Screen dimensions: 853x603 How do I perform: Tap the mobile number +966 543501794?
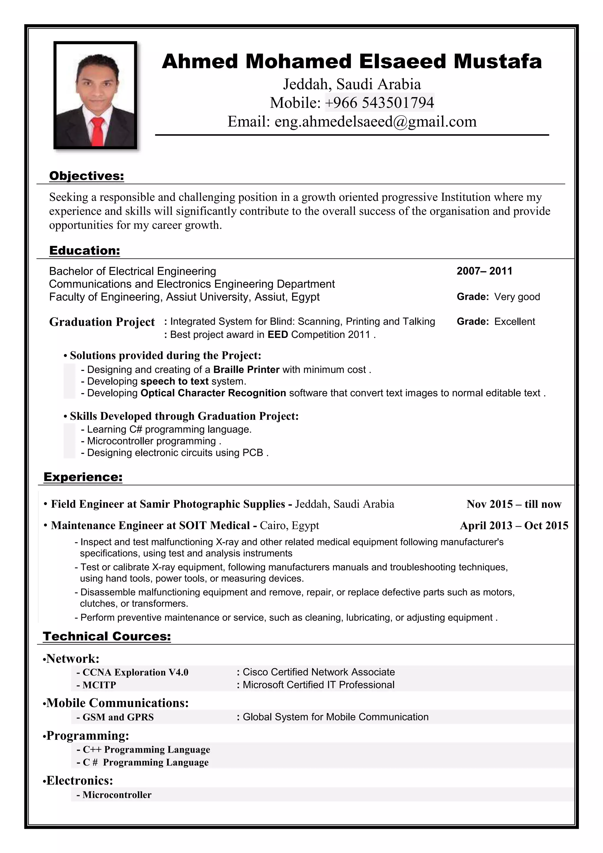point(379,103)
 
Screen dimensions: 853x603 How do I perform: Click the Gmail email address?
point(375,121)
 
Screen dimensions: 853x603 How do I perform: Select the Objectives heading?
point(87,176)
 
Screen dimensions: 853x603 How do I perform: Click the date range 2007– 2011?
point(484,271)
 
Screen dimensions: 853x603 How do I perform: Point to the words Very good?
point(517,297)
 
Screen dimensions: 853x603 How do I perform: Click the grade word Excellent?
point(515,321)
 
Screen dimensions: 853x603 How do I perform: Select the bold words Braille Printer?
point(246,370)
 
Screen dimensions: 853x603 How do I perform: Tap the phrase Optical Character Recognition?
point(213,393)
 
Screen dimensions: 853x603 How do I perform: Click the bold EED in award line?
point(278,335)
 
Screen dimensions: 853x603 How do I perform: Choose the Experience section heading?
point(83,477)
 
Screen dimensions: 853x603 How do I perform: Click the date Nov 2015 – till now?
point(514,504)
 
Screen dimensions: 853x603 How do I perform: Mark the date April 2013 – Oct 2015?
point(514,526)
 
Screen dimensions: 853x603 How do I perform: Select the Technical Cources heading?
point(107,637)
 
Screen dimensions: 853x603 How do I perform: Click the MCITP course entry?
point(99,685)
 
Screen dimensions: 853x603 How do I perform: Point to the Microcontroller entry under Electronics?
point(117,795)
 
